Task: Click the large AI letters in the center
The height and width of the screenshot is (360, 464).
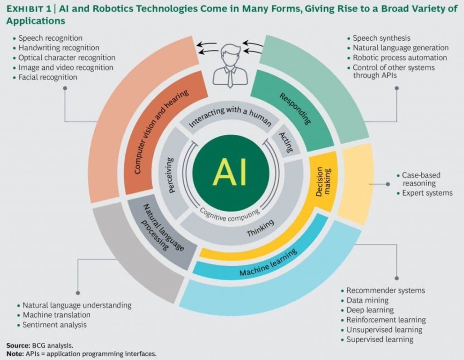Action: pyautogui.click(x=230, y=172)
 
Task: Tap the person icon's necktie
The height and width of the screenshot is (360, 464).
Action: pyautogui.click(x=230, y=77)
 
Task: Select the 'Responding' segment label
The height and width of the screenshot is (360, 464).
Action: pyautogui.click(x=295, y=109)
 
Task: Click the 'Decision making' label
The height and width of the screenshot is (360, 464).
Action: pyautogui.click(x=323, y=182)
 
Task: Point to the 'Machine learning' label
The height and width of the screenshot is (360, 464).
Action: pyautogui.click(x=268, y=263)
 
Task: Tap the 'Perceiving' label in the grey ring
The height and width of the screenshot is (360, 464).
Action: pyautogui.click(x=170, y=175)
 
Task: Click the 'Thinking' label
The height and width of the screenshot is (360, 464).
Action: pyautogui.click(x=261, y=228)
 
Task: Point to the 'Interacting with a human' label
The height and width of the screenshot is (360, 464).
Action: pyautogui.click(x=230, y=116)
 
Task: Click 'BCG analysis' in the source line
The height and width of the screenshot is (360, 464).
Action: pyautogui.click(x=53, y=346)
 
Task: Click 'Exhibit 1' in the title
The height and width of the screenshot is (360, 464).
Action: pyautogui.click(x=29, y=9)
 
